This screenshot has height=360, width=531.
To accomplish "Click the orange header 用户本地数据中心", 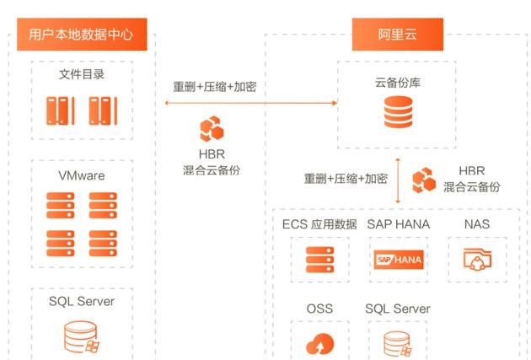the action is click(82, 35).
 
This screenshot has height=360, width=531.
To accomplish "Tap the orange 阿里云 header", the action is click(398, 35).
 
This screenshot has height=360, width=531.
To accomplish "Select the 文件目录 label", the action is click(82, 74).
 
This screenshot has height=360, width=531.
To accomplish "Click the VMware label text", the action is click(82, 175).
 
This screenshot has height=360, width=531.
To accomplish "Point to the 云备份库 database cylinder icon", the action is click(398, 112).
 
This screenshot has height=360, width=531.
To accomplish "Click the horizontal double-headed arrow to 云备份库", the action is click(251, 103).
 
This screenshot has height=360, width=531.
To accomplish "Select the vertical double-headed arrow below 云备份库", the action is click(398, 180).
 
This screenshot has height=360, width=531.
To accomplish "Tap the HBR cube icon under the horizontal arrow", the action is click(212, 129).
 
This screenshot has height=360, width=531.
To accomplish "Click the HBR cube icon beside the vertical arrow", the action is click(424, 180).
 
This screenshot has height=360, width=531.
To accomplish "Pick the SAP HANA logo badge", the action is click(399, 260).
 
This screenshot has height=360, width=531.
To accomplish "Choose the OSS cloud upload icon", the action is click(319, 343).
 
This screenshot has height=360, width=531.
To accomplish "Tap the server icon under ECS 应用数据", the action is click(319, 260).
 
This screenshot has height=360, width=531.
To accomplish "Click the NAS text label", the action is click(477, 224).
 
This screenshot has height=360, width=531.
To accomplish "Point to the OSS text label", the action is click(319, 309).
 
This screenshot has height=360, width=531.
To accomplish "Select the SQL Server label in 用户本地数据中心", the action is click(82, 301).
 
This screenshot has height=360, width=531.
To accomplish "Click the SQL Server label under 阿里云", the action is click(398, 309).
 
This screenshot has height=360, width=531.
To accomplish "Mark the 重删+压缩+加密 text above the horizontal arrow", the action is click(215, 87).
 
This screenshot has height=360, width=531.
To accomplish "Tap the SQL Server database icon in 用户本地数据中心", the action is click(82, 337).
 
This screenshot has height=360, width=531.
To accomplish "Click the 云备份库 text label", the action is click(398, 83).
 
